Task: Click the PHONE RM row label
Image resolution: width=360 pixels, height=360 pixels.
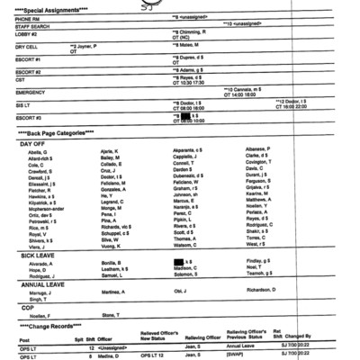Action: coord(28,18)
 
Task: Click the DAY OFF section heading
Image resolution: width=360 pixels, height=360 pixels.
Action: coord(33,144)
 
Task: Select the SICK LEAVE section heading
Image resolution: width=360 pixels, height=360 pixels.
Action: coord(38,256)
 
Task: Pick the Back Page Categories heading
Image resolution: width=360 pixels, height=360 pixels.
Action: coord(55,132)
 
